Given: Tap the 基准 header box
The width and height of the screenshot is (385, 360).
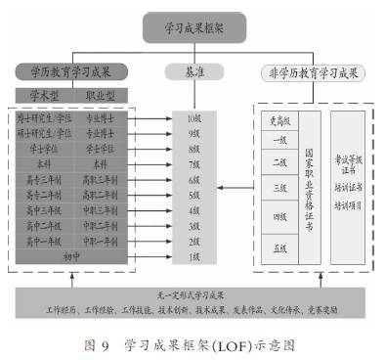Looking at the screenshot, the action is pyautogui.click(x=193, y=71).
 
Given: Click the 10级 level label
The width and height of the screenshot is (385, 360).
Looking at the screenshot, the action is pyautogui.click(x=193, y=118).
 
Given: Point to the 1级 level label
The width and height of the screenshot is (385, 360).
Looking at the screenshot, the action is pyautogui.click(x=193, y=255).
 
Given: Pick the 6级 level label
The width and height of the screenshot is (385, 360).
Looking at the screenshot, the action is pyautogui.click(x=193, y=180).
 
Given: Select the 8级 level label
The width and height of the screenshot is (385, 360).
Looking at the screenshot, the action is pyautogui.click(x=193, y=149).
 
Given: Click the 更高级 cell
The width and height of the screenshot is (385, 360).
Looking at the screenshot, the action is pyautogui.click(x=279, y=120).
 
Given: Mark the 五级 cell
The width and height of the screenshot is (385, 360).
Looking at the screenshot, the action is pyautogui.click(x=279, y=248).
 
